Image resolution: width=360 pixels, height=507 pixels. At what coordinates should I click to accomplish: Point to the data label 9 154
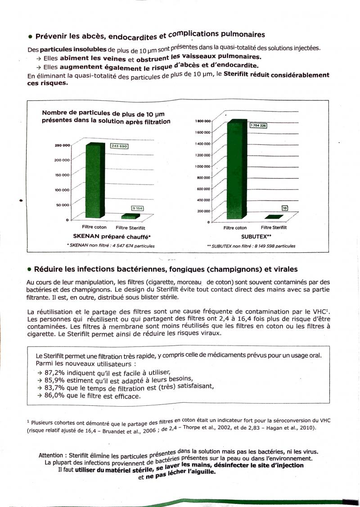click(x=137, y=208)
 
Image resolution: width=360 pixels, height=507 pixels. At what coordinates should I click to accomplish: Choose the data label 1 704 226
click(x=258, y=126)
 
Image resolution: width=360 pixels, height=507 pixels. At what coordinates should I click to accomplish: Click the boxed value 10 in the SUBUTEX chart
click(x=284, y=208)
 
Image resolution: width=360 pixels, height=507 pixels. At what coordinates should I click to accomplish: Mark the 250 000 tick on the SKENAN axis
click(x=63, y=145)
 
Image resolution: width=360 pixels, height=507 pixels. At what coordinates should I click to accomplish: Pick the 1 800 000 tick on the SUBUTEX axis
click(x=203, y=121)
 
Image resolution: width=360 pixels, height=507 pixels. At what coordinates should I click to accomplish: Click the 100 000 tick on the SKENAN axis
click(x=63, y=190)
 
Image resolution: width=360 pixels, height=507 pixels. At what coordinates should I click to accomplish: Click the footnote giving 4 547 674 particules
click(x=111, y=246)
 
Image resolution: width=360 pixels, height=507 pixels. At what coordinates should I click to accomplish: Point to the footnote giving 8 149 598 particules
click(x=251, y=246)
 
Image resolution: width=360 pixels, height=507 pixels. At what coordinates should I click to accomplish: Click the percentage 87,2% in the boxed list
click(x=54, y=372)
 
